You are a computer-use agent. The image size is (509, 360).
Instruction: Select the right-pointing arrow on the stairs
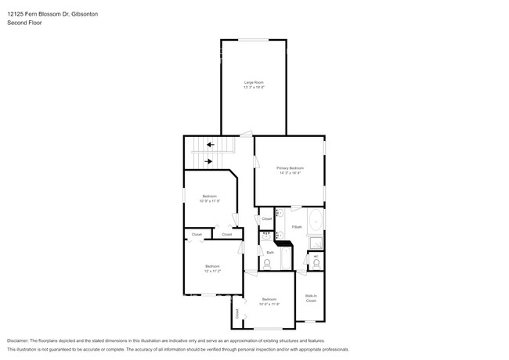208,161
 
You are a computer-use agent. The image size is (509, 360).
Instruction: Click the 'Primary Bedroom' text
290,168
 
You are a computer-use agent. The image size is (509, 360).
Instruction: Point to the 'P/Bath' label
297,227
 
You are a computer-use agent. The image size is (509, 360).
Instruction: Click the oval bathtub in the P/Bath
316,221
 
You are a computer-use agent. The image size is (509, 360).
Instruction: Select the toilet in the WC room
316,264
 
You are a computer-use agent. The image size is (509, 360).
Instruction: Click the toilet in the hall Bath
267,264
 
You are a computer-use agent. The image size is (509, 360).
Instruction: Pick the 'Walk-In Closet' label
311,298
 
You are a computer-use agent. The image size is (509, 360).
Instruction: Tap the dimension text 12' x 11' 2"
212,272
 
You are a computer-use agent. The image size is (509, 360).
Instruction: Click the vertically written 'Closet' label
236,314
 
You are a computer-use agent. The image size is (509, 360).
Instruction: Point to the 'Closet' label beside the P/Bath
267,218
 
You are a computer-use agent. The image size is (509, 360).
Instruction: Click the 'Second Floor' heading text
24,23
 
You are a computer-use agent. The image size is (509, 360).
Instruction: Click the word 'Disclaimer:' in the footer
17,341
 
